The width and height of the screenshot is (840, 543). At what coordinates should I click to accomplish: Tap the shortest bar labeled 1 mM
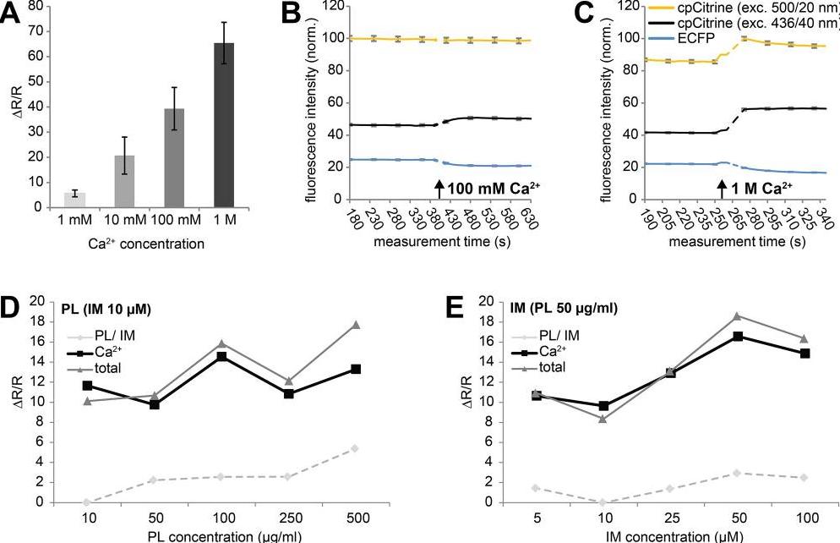[74, 200]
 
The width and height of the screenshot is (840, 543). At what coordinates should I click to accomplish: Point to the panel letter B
[291, 14]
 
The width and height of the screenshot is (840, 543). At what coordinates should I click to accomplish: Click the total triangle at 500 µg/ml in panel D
[355, 325]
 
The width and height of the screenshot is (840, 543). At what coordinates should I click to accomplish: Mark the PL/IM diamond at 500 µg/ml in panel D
[355, 448]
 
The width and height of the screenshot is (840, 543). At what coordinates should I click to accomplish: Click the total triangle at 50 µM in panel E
[738, 315]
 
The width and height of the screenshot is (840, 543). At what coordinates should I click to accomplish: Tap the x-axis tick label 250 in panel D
[288, 517]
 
